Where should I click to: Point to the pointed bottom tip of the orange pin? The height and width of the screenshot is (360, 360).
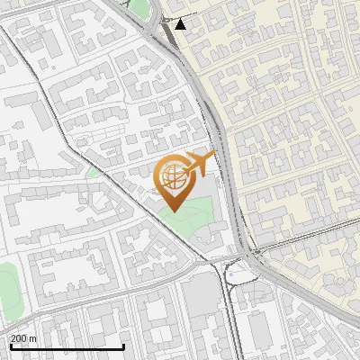[x=172, y=211]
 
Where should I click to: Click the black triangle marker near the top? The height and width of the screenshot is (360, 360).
[x=181, y=24]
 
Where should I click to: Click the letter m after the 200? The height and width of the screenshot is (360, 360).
[x=34, y=337]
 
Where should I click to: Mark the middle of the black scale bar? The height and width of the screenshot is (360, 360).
[x=67, y=346]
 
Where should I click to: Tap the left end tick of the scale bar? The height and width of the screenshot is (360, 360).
[x=12, y=346]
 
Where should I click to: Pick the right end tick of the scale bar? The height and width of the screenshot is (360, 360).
[x=123, y=346]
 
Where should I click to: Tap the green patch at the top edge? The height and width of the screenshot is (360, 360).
[x=139, y=7]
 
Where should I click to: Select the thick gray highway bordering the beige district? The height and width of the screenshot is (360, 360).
[x=225, y=153]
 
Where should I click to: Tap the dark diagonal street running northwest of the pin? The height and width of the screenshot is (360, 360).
[x=90, y=144]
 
